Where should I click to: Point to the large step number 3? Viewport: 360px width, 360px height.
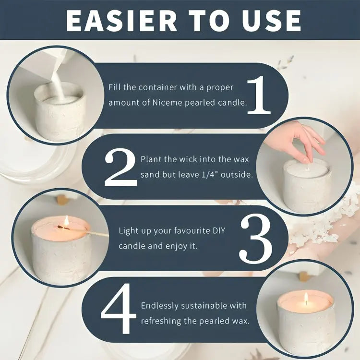[x=256, y=239]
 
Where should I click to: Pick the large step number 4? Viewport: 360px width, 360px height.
[x=119, y=311]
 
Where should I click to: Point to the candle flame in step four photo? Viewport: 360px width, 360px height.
[x=306, y=299]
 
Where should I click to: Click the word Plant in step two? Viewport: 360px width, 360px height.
[x=151, y=159]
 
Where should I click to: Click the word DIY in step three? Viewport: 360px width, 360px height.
[x=216, y=231]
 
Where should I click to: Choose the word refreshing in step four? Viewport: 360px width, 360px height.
[x=161, y=321]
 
